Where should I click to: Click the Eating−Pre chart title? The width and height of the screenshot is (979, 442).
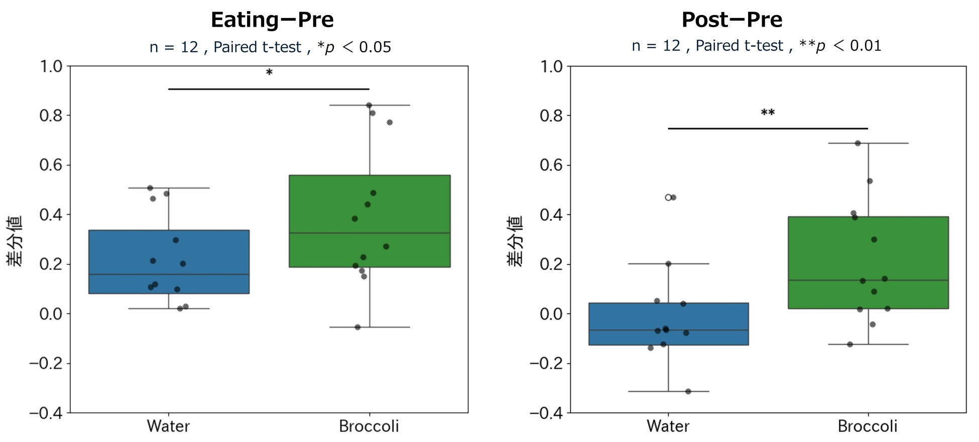click(x=272, y=20)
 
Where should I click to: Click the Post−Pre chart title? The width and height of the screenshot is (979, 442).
click(x=731, y=20)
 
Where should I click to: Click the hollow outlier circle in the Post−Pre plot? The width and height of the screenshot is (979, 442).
click(x=668, y=197)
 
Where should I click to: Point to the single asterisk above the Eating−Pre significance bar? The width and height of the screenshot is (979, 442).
click(x=269, y=73)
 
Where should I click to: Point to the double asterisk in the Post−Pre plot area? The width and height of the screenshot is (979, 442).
click(x=768, y=113)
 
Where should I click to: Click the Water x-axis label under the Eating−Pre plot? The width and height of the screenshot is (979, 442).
click(x=168, y=426)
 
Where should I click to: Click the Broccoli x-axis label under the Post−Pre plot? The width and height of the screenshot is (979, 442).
click(x=868, y=426)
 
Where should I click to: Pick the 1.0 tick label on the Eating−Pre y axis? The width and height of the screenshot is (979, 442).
click(x=51, y=66)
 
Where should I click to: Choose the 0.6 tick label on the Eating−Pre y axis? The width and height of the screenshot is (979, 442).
click(x=51, y=165)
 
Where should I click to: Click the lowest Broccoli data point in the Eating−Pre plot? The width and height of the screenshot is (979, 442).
click(x=357, y=327)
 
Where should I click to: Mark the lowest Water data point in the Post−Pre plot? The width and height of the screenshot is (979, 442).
click(x=688, y=391)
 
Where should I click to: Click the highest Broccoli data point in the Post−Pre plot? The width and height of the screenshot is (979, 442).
click(x=858, y=143)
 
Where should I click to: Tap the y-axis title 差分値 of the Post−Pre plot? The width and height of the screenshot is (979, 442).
click(x=515, y=241)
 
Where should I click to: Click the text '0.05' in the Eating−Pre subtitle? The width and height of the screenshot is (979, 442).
click(x=375, y=47)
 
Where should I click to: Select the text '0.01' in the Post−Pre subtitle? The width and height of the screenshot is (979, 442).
click(x=866, y=46)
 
